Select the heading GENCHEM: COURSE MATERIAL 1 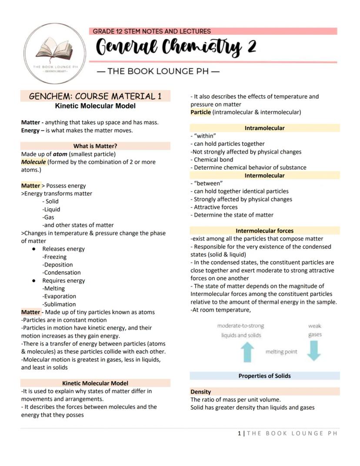(x=95, y=96)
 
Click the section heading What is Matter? (x=95, y=146)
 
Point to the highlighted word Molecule (x=33, y=162)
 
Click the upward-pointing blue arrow (x=247, y=352)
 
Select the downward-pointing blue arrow (x=314, y=351)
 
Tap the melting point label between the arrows (x=281, y=352)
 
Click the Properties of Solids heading (x=264, y=376)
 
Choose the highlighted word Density (x=200, y=392)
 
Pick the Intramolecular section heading (x=264, y=128)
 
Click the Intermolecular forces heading (x=264, y=231)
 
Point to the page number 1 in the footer (x=239, y=433)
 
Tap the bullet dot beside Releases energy (x=34, y=249)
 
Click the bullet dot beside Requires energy (x=34, y=281)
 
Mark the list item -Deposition (x=57, y=265)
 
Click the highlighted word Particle (x=200, y=112)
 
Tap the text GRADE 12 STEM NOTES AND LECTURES (x=152, y=31)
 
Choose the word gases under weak (x=315, y=335)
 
